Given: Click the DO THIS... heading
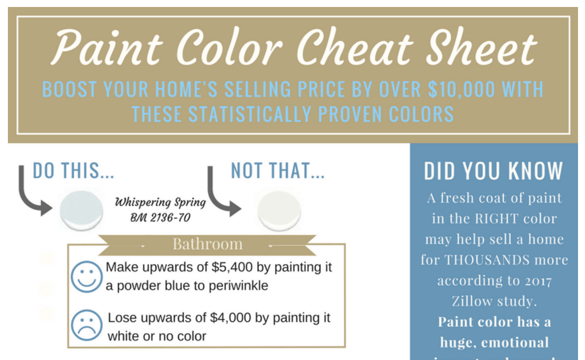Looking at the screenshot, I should click(73, 171).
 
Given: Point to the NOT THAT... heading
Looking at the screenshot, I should click(278, 171).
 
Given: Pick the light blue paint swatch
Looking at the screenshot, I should click(81, 209).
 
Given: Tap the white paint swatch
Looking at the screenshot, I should click(279, 210).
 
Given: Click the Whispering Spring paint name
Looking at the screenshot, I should click(160, 202).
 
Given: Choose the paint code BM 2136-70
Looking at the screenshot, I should click(160, 217).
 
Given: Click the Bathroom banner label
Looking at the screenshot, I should click(208, 244).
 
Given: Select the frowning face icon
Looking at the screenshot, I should click(87, 325).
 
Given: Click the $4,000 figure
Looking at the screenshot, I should click(230, 318).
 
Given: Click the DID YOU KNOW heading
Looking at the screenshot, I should click(494, 171).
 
